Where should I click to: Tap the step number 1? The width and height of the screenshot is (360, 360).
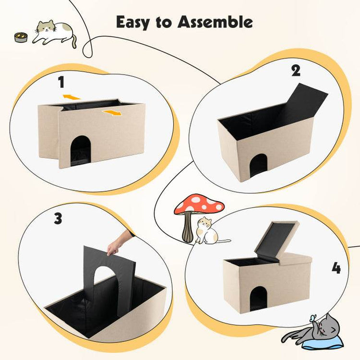pyautogui.click(x=61, y=83)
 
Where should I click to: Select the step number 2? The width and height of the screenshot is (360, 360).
pyautogui.click(x=296, y=71)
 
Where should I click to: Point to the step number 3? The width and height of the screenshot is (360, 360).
pyautogui.click(x=58, y=219)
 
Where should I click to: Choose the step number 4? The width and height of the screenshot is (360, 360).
pyautogui.click(x=336, y=268)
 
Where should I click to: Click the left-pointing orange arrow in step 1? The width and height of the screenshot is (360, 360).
pyautogui.click(x=71, y=97)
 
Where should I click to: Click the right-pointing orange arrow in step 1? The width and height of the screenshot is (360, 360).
pyautogui.click(x=112, y=113)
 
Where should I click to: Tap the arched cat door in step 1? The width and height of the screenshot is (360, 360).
pyautogui.click(x=80, y=149)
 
